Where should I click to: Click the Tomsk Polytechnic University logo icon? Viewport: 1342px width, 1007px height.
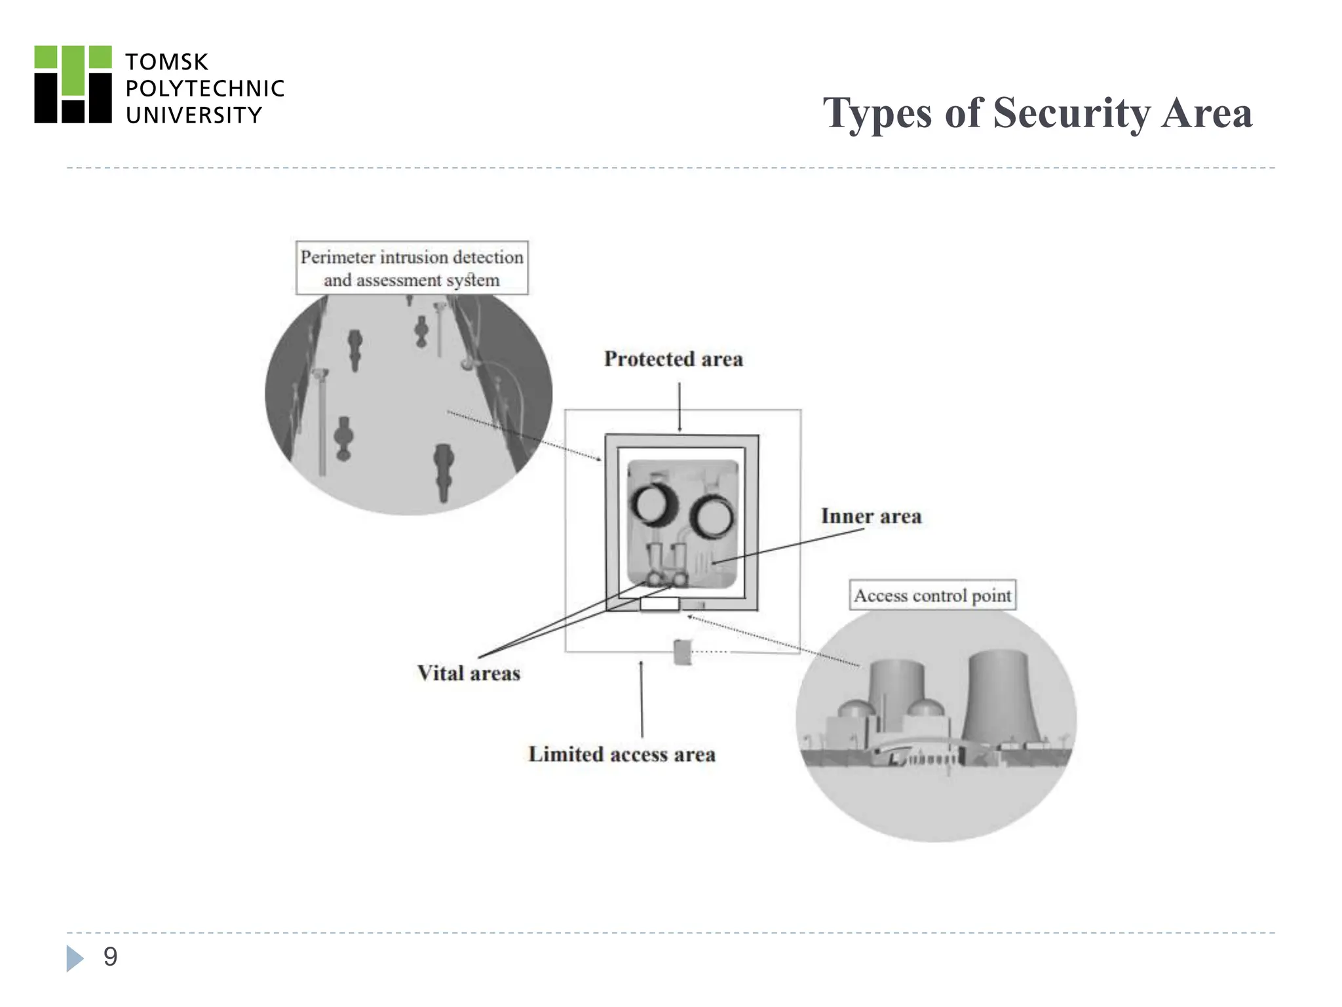click(73, 85)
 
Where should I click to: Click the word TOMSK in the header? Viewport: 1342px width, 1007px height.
click(166, 62)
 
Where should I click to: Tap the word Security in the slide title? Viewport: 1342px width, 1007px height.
click(1071, 113)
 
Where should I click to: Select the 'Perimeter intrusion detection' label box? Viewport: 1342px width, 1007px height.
click(412, 267)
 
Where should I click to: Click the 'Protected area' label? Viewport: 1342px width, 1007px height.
click(673, 359)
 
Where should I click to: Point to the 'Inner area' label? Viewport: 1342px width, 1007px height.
click(871, 517)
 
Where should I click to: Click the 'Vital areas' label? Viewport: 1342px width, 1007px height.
click(469, 673)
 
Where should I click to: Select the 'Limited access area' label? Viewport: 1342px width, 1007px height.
click(621, 755)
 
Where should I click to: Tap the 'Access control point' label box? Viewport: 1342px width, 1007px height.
click(932, 595)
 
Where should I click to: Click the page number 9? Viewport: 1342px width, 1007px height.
click(110, 957)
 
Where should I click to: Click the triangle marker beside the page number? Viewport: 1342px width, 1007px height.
click(75, 958)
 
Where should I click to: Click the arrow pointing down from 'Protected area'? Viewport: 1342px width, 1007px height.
click(680, 406)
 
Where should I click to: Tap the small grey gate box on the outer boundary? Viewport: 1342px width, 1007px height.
click(682, 652)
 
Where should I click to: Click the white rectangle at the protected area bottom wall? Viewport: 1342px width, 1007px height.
click(659, 604)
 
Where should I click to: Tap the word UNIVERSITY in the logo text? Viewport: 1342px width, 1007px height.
click(193, 115)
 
